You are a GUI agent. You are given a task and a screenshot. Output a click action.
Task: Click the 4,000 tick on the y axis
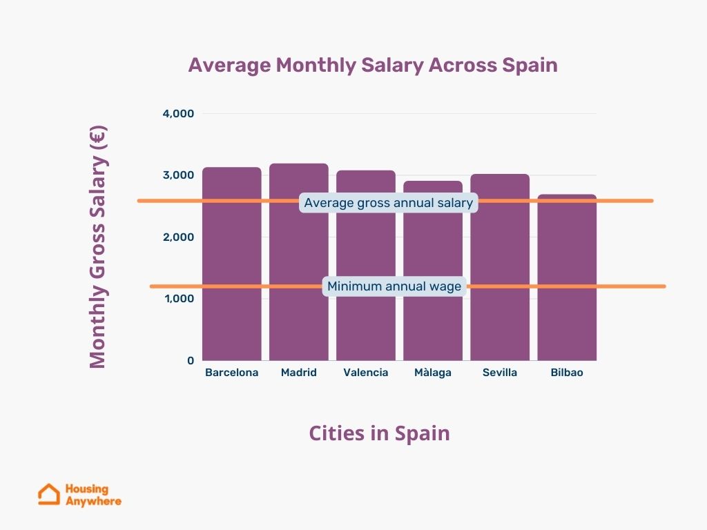point(178,113)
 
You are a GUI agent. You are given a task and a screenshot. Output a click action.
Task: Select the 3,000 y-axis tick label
point(178,175)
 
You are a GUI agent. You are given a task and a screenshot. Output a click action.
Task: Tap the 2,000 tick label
point(178,237)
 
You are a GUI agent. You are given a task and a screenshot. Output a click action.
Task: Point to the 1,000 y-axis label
point(178,299)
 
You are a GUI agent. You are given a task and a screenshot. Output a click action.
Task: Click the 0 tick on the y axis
point(191,360)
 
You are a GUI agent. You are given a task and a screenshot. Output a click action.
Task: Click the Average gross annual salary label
point(388,203)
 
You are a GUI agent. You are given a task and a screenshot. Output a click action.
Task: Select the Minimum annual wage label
point(394,286)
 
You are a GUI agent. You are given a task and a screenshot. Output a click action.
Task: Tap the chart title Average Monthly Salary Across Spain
point(373,65)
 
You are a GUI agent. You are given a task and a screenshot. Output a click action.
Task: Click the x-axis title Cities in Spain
point(379,433)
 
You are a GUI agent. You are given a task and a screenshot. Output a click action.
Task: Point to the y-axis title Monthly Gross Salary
point(98,246)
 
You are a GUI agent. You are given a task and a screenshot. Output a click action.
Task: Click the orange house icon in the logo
point(49,494)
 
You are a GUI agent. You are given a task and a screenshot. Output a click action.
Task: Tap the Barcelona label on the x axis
point(232,373)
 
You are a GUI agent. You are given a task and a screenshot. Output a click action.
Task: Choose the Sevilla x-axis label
point(500,373)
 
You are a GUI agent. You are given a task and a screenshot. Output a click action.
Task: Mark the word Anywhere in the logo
point(93,501)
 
